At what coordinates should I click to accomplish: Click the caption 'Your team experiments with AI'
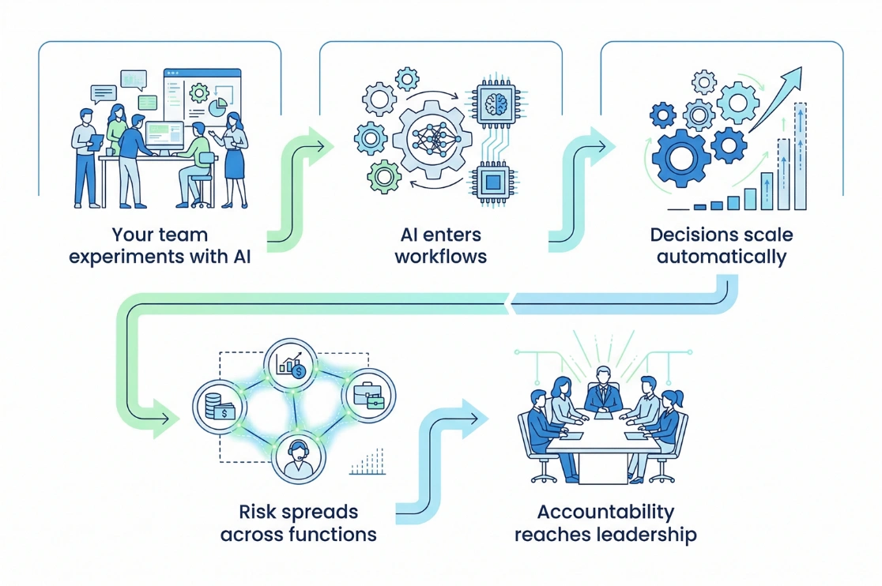pyautogui.click(x=160, y=246)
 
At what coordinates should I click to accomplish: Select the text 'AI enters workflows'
pyautogui.click(x=440, y=246)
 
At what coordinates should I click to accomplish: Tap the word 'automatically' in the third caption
pyautogui.click(x=721, y=257)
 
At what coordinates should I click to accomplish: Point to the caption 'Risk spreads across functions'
pyautogui.click(x=298, y=523)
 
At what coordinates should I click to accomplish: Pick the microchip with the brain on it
pyautogui.click(x=496, y=103)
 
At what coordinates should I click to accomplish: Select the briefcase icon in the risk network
pyautogui.click(x=369, y=394)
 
